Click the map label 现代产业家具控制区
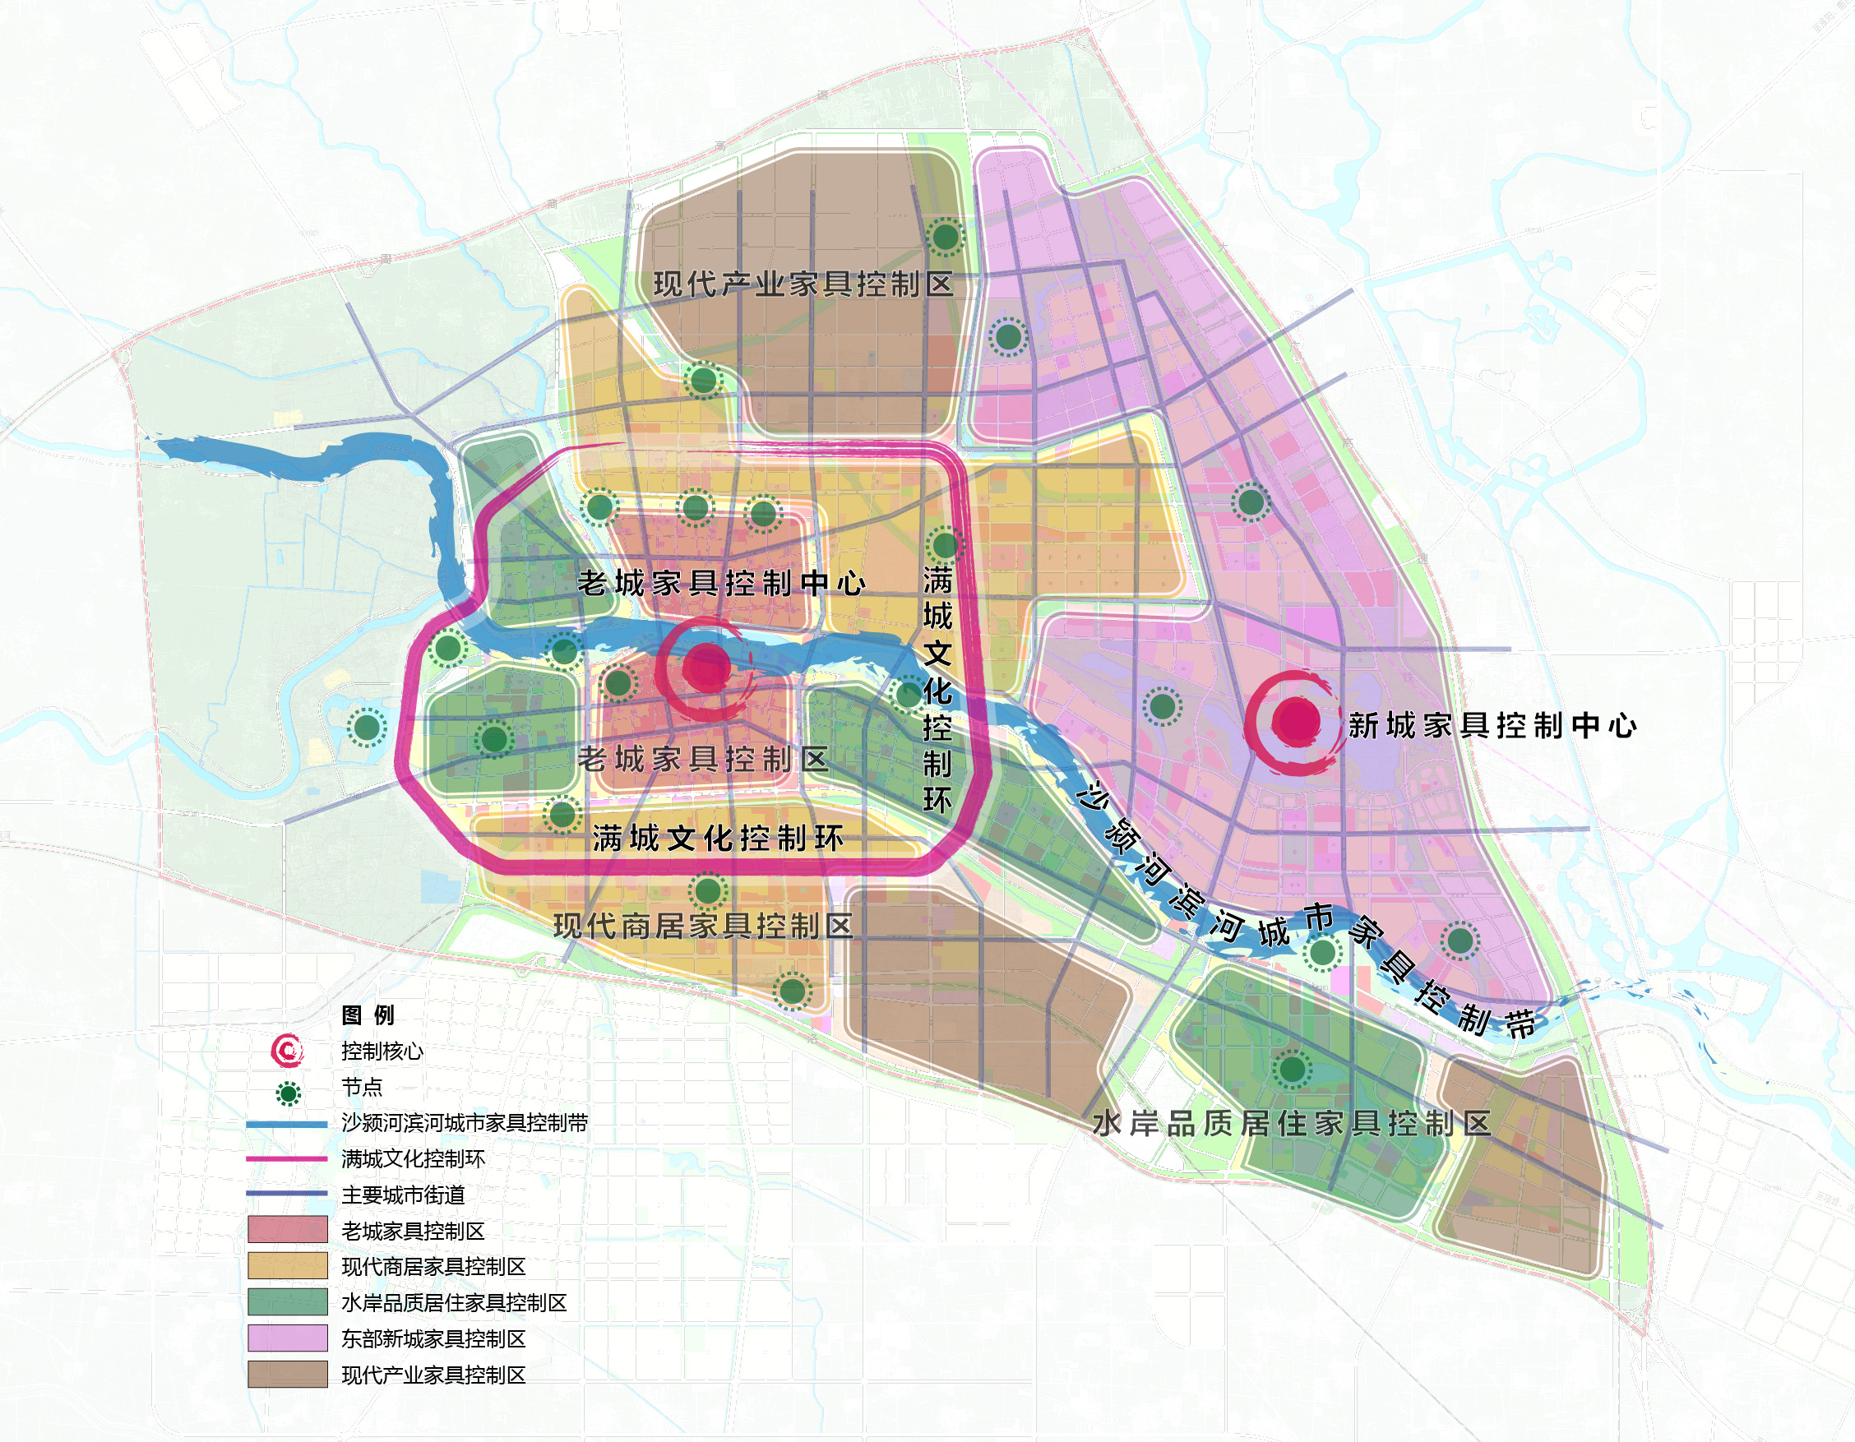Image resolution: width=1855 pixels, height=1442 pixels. [x=803, y=284]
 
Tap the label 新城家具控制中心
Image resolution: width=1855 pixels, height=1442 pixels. [x=1492, y=725]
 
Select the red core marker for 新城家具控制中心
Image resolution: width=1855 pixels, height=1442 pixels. [x=1294, y=721]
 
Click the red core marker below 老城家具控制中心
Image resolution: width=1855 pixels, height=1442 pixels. [x=706, y=668]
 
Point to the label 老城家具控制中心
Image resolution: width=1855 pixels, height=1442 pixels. [x=722, y=584]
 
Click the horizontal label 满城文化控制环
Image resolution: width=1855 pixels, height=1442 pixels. [x=718, y=839]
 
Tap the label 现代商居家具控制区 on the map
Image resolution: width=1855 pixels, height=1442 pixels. [x=703, y=926]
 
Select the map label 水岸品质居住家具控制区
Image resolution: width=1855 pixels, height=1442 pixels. [x=1291, y=1124]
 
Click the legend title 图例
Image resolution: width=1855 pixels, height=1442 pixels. [x=367, y=1014]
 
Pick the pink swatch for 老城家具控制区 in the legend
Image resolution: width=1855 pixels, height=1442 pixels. [x=287, y=1230]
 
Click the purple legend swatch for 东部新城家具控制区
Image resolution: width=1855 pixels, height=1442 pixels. [x=287, y=1338]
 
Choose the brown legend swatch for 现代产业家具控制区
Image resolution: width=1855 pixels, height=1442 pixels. [x=287, y=1374]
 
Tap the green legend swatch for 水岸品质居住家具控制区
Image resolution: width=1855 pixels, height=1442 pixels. [x=287, y=1302]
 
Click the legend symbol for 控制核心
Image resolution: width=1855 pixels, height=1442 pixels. [x=287, y=1051]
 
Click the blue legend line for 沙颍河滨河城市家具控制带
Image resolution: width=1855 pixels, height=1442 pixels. [x=287, y=1125]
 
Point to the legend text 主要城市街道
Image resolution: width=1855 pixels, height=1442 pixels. [x=403, y=1195]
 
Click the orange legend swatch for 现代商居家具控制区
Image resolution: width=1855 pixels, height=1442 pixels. [x=287, y=1265]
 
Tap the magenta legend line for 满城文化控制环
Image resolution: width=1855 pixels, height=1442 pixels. [x=287, y=1158]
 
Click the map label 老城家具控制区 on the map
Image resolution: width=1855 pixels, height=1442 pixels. [x=703, y=758]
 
